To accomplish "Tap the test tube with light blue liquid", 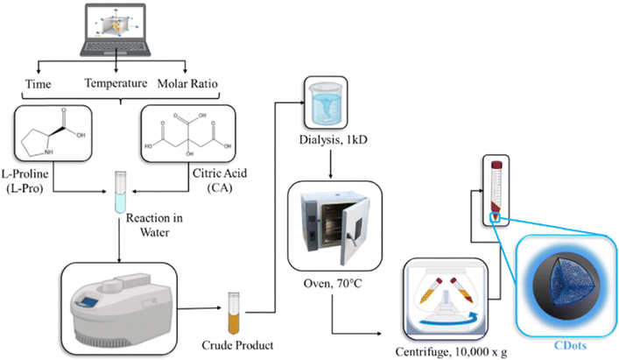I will [121, 198].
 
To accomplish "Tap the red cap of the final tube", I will [496, 164].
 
